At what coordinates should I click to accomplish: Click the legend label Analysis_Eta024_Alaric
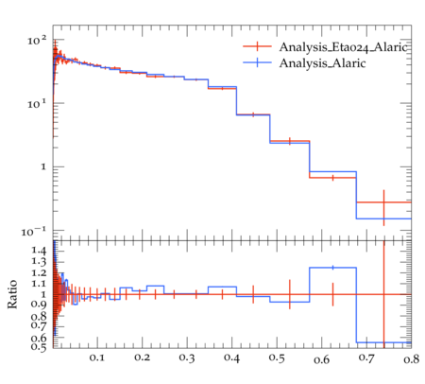[344, 47]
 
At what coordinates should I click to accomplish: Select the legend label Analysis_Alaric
[322, 63]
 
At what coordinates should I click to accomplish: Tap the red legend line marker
[257, 46]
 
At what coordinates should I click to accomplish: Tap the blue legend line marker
[257, 62]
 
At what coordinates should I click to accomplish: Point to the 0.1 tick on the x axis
[96, 358]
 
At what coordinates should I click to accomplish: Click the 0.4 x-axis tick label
[231, 358]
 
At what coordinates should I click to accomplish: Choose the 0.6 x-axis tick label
[321, 359]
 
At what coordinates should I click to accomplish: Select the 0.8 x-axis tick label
[412, 359]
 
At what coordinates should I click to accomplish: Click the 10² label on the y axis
[37, 41]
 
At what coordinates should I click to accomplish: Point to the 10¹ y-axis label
[37, 104]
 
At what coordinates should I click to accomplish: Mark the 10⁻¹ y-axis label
[34, 232]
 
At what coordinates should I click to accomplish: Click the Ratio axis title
[12, 294]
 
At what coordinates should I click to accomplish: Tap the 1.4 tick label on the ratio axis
[39, 251]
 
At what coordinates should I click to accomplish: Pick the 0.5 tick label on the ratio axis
[39, 347]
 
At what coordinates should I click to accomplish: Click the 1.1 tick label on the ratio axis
[39, 284]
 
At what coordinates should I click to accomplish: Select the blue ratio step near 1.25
[332, 268]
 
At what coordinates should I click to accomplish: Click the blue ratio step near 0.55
[383, 342]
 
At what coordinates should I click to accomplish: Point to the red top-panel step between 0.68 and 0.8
[383, 202]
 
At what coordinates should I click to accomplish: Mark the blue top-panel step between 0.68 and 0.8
[383, 218]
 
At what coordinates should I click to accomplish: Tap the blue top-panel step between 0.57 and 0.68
[332, 172]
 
